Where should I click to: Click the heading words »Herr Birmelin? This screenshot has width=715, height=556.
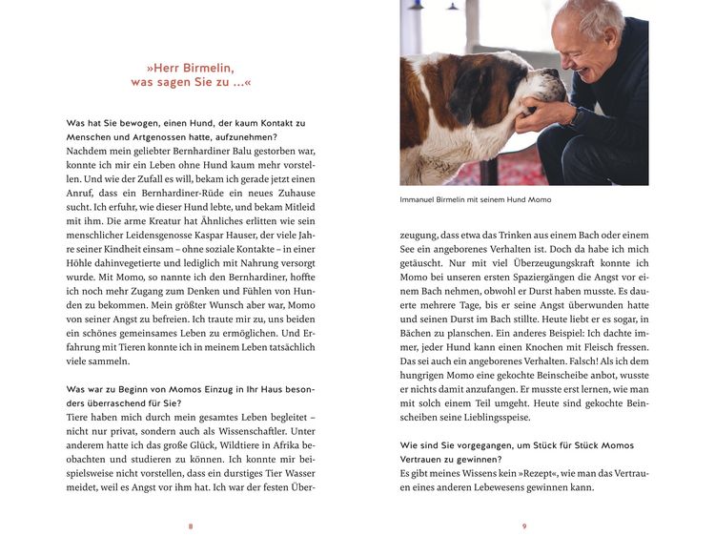point(190,68)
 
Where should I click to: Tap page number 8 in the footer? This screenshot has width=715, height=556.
point(191,526)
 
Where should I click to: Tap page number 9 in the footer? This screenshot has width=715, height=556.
point(524,526)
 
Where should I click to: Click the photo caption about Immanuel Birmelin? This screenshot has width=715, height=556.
point(476,199)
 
